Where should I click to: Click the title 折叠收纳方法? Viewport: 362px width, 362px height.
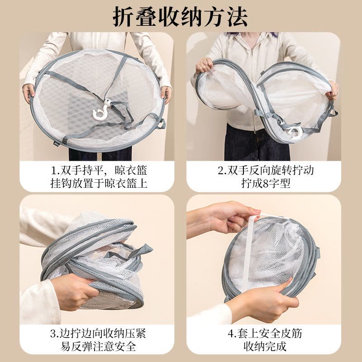(180, 17)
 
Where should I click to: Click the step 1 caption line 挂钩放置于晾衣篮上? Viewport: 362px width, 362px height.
(99, 184)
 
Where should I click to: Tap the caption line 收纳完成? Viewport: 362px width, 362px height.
(265, 346)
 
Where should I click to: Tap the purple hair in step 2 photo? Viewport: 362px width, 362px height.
(253, 35)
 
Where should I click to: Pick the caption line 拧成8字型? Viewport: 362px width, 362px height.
(266, 184)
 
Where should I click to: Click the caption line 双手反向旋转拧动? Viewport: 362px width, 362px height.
(266, 171)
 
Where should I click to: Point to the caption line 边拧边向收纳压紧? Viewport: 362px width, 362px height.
(98, 333)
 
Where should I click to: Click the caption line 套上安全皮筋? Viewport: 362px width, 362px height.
(265, 333)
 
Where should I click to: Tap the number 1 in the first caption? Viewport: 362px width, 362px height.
(53, 171)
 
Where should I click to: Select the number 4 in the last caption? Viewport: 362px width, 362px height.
(230, 333)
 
